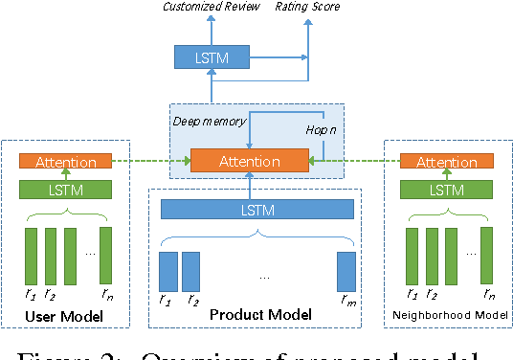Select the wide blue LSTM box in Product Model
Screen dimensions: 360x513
(256, 209)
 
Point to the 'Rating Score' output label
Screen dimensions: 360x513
(307, 8)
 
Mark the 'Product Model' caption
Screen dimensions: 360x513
(256, 315)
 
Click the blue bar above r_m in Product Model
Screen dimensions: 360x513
(346, 271)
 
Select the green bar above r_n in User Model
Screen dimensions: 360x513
(105, 255)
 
